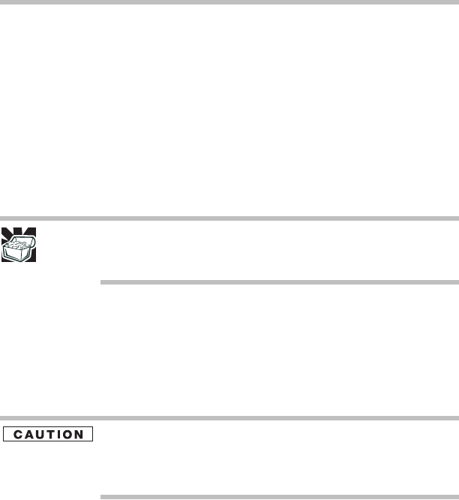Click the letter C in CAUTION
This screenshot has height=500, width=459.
coord(18,435)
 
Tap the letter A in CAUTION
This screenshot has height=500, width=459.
coord(28,435)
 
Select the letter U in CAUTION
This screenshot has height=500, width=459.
coord(40,435)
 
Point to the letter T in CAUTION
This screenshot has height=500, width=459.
coord(49,435)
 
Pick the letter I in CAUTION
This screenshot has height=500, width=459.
coord(58,435)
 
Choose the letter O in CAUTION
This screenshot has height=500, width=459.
coord(67,435)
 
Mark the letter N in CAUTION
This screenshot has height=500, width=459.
coord(78,435)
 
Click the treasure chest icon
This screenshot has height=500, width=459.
coord(19,245)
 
